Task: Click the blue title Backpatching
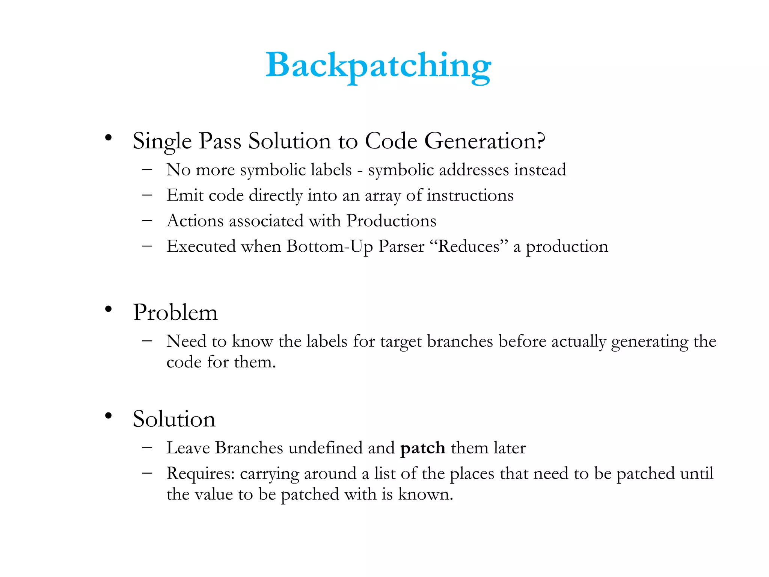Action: click(378, 66)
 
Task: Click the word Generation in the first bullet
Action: click(484, 141)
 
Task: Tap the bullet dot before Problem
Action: click(109, 309)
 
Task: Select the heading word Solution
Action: click(174, 419)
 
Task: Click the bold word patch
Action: click(423, 448)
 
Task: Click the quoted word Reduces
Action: click(469, 247)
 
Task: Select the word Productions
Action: click(391, 221)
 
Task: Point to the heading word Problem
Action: click(175, 312)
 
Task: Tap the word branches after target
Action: click(460, 341)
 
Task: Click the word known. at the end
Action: click(425, 494)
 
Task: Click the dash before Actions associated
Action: click(147, 221)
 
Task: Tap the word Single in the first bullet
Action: click(162, 142)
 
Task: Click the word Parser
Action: click(401, 247)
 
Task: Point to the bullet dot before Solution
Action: click(109, 415)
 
